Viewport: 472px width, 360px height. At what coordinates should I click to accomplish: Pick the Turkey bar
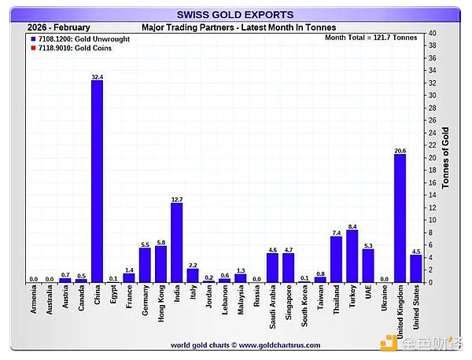point(352,255)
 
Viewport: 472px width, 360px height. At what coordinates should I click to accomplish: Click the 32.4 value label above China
point(97,76)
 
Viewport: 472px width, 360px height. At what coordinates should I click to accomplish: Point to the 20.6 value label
point(400,149)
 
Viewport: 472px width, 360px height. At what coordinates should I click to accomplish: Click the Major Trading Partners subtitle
point(238,27)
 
